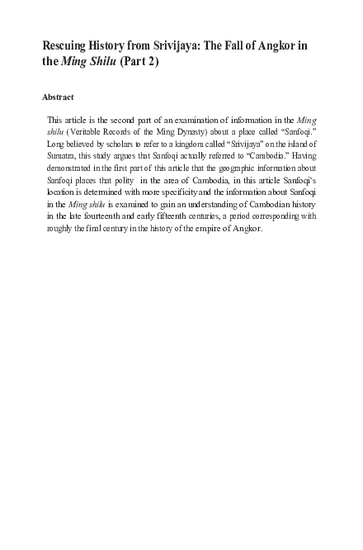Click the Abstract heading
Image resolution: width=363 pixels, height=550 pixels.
[58, 97]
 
